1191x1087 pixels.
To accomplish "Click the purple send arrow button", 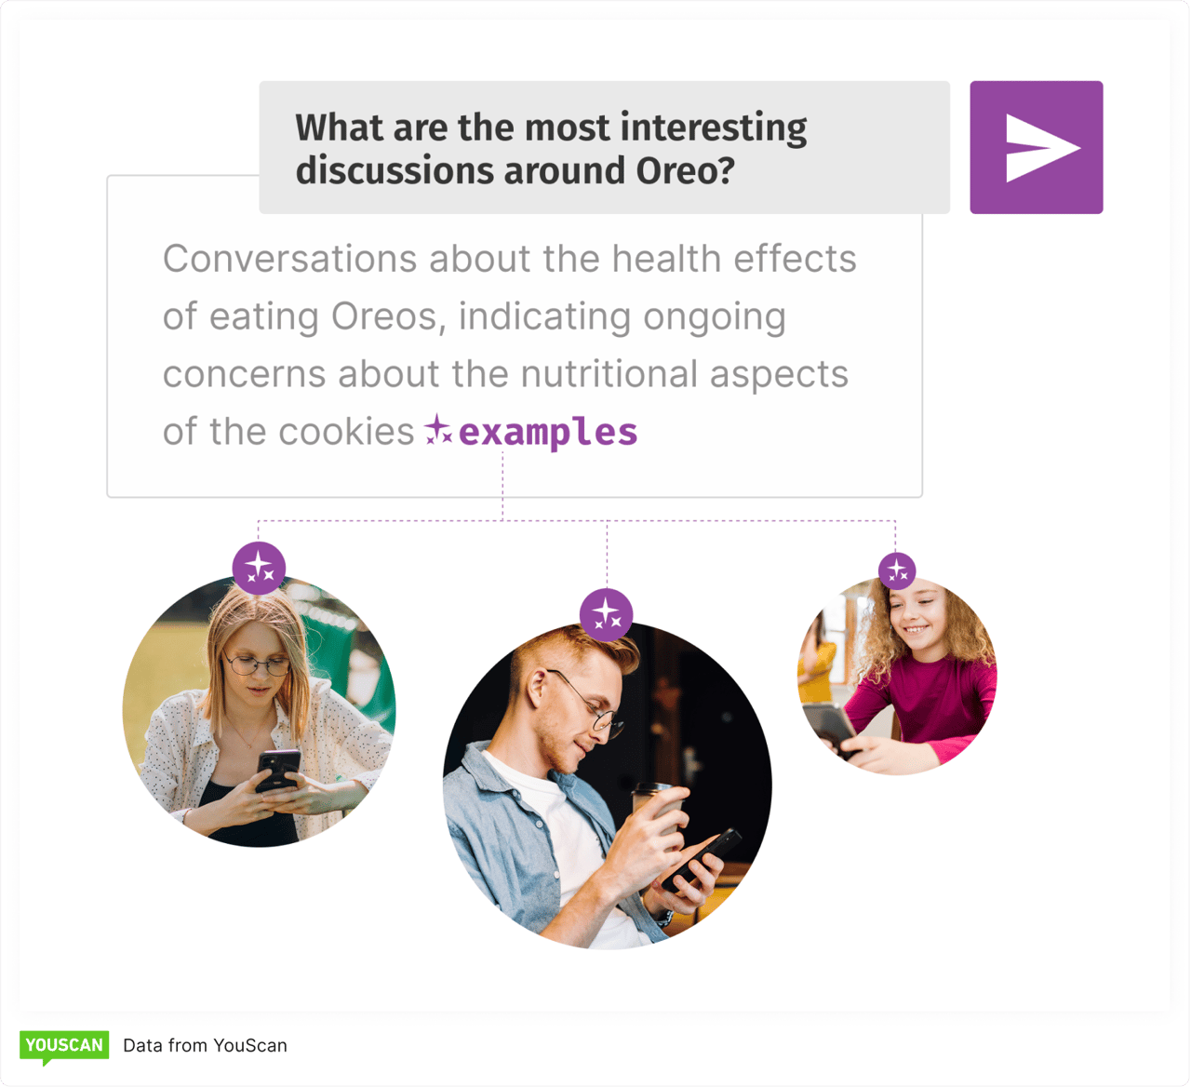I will (x=1036, y=147).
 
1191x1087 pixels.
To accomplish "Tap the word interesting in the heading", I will (x=713, y=127).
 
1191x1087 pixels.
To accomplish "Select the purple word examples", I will (x=548, y=433).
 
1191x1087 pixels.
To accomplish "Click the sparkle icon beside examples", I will (x=438, y=430).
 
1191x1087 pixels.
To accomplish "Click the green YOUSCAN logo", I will (x=64, y=1046).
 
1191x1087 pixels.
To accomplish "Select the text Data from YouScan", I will (x=205, y=1045).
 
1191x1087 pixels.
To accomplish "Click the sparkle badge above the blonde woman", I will (x=259, y=568).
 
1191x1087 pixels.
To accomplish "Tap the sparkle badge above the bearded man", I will (x=607, y=614).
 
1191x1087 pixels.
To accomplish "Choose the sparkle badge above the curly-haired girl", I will (x=897, y=570).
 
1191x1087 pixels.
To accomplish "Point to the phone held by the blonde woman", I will (x=277, y=769).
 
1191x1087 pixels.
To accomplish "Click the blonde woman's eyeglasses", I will (x=256, y=664).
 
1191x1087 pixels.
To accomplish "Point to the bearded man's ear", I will (x=539, y=690).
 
